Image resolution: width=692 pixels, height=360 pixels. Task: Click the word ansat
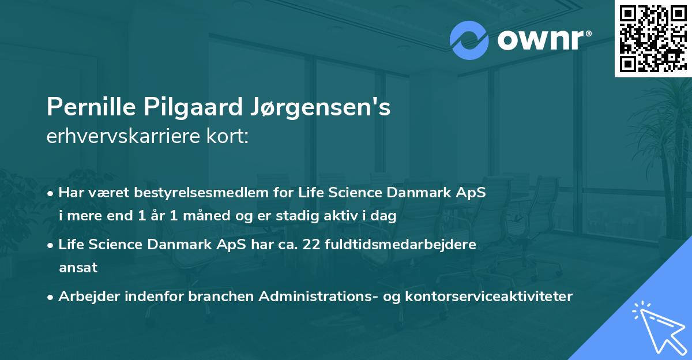pos(78,268)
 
